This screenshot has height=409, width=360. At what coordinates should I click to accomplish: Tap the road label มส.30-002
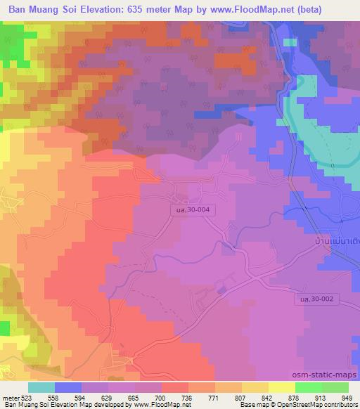[x=313, y=299]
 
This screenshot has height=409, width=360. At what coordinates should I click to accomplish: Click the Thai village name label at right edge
[x=336, y=240]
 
